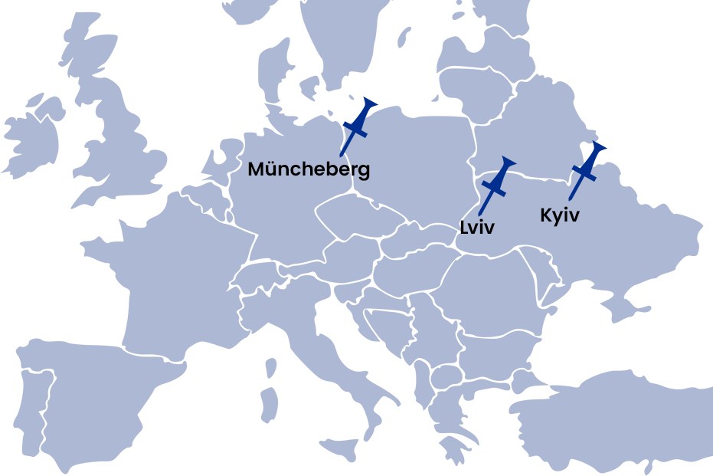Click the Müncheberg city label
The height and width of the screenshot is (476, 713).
pyautogui.click(x=309, y=169)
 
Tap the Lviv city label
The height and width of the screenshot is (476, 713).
pyautogui.click(x=477, y=227)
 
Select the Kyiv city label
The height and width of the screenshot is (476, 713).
pyautogui.click(x=559, y=215)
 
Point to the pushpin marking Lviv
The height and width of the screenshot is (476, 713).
pyautogui.click(x=496, y=185)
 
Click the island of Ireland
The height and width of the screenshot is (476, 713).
pyautogui.click(x=34, y=138)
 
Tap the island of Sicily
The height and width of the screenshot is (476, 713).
pyautogui.click(x=342, y=448)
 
